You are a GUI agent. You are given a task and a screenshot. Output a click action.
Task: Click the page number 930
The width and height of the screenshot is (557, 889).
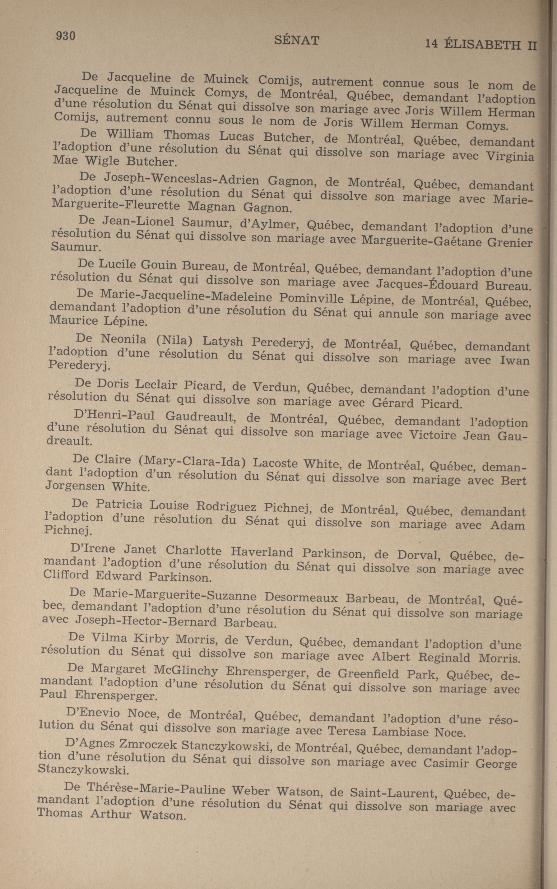click(65, 36)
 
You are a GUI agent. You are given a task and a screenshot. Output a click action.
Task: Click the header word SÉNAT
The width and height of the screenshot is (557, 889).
click(297, 40)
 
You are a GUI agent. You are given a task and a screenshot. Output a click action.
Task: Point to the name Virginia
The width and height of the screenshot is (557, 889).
click(510, 156)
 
